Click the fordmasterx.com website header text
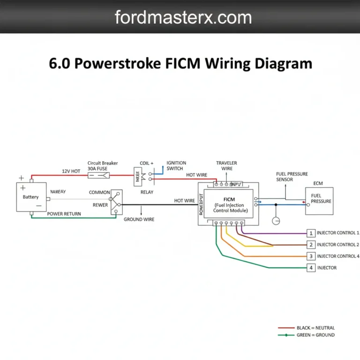click(x=183, y=17)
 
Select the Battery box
click(x=31, y=197)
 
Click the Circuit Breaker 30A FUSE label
click(x=103, y=166)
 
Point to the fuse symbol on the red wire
click(x=99, y=176)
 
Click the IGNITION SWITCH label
click(x=176, y=166)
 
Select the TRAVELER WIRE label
click(x=226, y=166)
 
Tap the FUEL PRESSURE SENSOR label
click(x=292, y=177)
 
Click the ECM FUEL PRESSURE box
click(x=319, y=201)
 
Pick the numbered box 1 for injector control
click(x=311, y=233)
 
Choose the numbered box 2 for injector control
click(x=311, y=245)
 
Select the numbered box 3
click(x=311, y=256)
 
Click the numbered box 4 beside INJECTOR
click(x=311, y=268)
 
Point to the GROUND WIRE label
click(x=139, y=219)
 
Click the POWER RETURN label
click(x=64, y=214)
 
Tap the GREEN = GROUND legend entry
click(x=315, y=335)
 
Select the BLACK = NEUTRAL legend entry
click(x=315, y=328)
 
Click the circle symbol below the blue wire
click(x=276, y=220)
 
